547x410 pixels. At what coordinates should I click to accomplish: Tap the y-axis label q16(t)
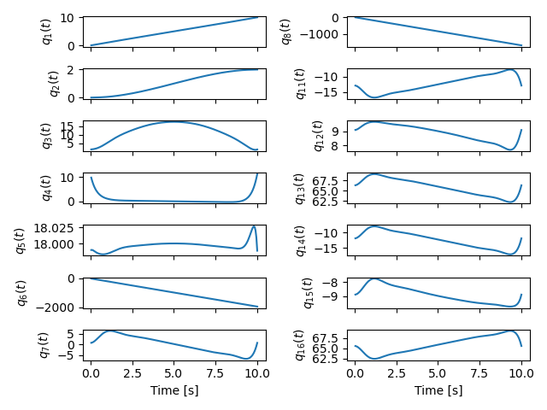(x=301, y=344)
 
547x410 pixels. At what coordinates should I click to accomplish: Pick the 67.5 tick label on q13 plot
(x=329, y=182)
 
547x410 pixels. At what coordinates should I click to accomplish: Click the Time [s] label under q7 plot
(x=174, y=390)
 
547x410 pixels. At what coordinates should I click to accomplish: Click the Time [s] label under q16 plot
(x=438, y=390)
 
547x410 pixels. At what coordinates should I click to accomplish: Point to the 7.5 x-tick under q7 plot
(x=215, y=373)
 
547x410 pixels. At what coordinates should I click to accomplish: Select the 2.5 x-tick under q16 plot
(x=396, y=373)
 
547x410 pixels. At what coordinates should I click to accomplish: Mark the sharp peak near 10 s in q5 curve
(x=254, y=226)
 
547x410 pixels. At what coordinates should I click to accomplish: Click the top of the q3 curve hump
(x=174, y=121)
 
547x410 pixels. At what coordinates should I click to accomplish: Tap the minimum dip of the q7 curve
(x=247, y=359)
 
